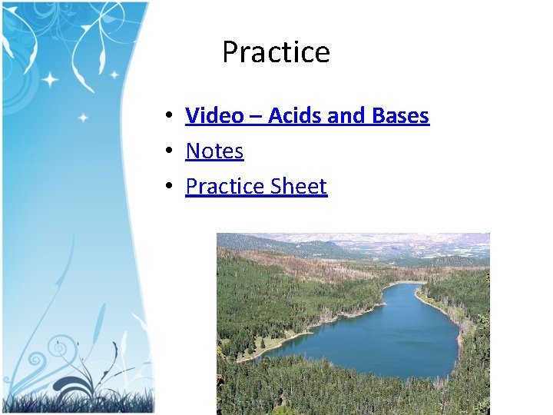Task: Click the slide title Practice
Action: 276,52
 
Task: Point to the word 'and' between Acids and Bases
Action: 346,116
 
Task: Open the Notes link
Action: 214,151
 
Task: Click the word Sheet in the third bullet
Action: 299,187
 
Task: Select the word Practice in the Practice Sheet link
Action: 224,187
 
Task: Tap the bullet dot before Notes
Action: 166,152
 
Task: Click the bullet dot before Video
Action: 166,117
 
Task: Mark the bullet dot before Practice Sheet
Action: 166,188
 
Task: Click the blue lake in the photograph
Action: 384,338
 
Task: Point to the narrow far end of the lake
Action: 404,285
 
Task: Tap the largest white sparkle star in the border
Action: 51,79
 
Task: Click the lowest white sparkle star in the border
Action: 83,118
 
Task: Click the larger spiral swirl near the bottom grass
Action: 55,350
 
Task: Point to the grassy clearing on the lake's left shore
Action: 253,350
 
